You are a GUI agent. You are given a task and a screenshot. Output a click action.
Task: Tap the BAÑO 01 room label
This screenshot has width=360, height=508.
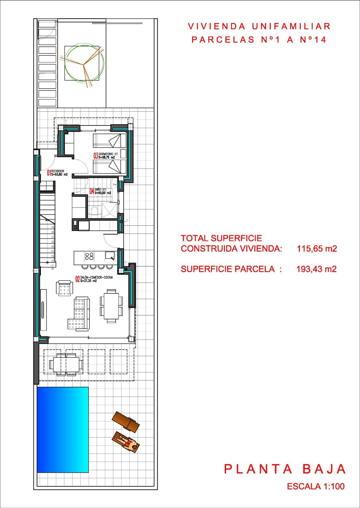tap(100, 191)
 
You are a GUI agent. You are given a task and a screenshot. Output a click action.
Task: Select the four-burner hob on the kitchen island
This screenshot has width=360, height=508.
tap(89, 256)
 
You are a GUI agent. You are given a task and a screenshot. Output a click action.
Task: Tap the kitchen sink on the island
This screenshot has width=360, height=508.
tap(110, 255)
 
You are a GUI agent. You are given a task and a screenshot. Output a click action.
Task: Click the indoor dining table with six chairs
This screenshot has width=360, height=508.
tap(111, 306)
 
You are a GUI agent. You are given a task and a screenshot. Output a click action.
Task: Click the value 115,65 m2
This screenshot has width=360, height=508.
tap(317, 248)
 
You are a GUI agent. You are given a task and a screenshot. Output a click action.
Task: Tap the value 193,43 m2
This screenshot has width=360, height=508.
tap(316, 269)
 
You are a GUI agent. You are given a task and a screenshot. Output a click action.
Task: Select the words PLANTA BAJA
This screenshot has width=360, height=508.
tap(285, 469)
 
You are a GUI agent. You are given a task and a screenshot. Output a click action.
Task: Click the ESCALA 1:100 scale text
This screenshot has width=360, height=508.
tap(316, 486)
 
